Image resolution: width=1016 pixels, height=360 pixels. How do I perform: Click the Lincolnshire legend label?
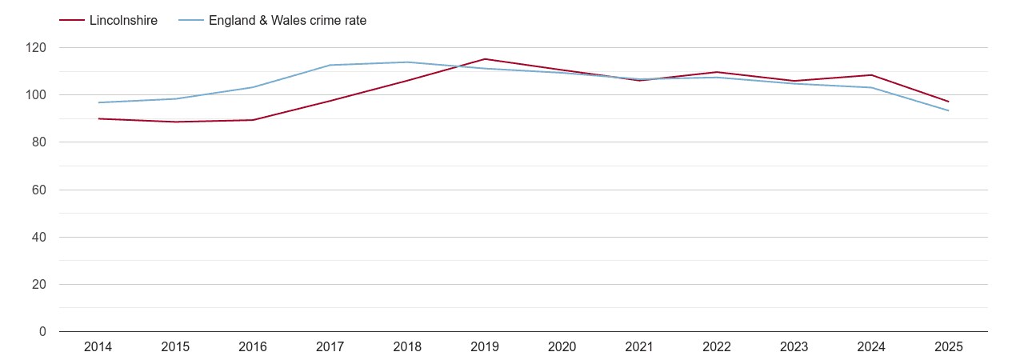123,21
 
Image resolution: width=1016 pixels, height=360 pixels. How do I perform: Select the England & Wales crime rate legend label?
287,21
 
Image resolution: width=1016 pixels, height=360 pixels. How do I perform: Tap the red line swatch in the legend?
72,21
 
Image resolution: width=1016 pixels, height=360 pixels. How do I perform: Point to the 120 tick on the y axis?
36,48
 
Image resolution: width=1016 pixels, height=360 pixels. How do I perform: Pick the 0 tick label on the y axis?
42,332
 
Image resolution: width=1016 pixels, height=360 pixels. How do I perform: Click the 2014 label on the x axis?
98,347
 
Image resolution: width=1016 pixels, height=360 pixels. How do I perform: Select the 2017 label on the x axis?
330,347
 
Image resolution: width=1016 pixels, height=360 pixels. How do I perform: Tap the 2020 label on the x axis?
562,347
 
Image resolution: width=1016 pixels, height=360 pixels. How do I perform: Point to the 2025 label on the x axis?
948,347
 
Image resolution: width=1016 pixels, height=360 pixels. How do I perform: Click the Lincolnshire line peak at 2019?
485,59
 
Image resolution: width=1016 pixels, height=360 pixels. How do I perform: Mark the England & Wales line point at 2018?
407,62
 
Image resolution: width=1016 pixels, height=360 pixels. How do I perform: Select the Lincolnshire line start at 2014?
98,118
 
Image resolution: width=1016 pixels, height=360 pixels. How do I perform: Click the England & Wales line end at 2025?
948,110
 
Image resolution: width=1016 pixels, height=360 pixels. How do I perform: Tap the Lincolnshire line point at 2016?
253,120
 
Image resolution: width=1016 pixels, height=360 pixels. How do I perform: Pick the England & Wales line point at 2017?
330,65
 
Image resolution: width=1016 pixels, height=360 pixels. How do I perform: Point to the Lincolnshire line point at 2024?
871,75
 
